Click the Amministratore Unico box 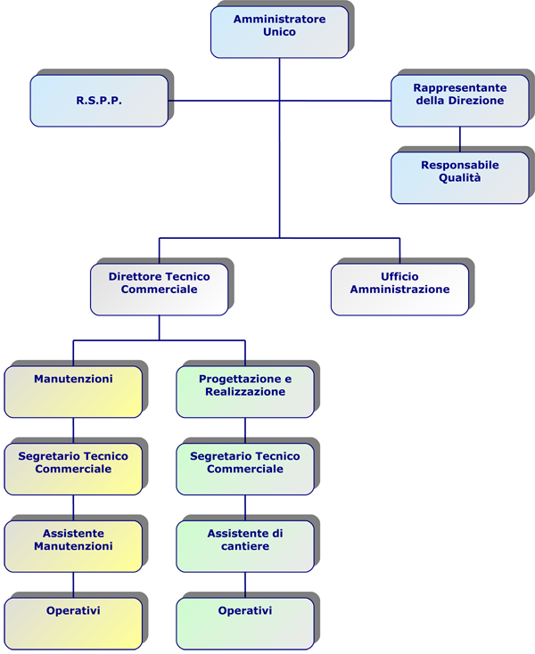[279, 32]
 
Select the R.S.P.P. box [99, 101]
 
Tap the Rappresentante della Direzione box [460, 101]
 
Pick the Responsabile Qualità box [460, 177]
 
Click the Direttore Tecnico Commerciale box [159, 290]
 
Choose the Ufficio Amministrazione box [399, 290]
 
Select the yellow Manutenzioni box [73, 392]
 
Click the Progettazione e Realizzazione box [245, 392]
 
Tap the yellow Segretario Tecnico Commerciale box [73, 469]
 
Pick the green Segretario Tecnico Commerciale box [245, 469]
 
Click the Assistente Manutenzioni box [73, 546]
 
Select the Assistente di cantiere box [245, 546]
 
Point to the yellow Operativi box [73, 624]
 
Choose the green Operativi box [245, 624]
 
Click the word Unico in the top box [279, 32]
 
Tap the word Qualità [459, 177]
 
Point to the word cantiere [245, 546]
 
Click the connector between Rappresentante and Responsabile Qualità [460, 139]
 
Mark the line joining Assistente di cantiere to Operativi [245, 585]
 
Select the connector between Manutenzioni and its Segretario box [73, 430]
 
